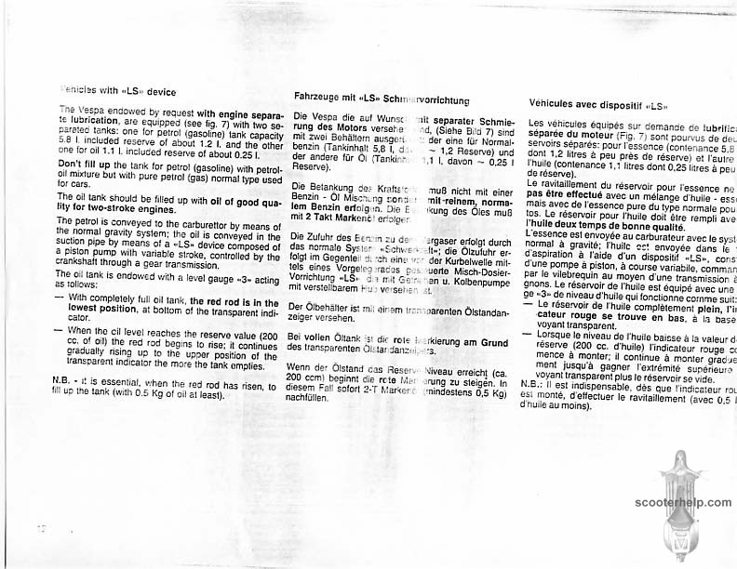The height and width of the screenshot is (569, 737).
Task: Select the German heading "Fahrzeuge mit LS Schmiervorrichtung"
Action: click(381, 97)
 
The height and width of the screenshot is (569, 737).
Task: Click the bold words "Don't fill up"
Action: click(88, 164)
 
